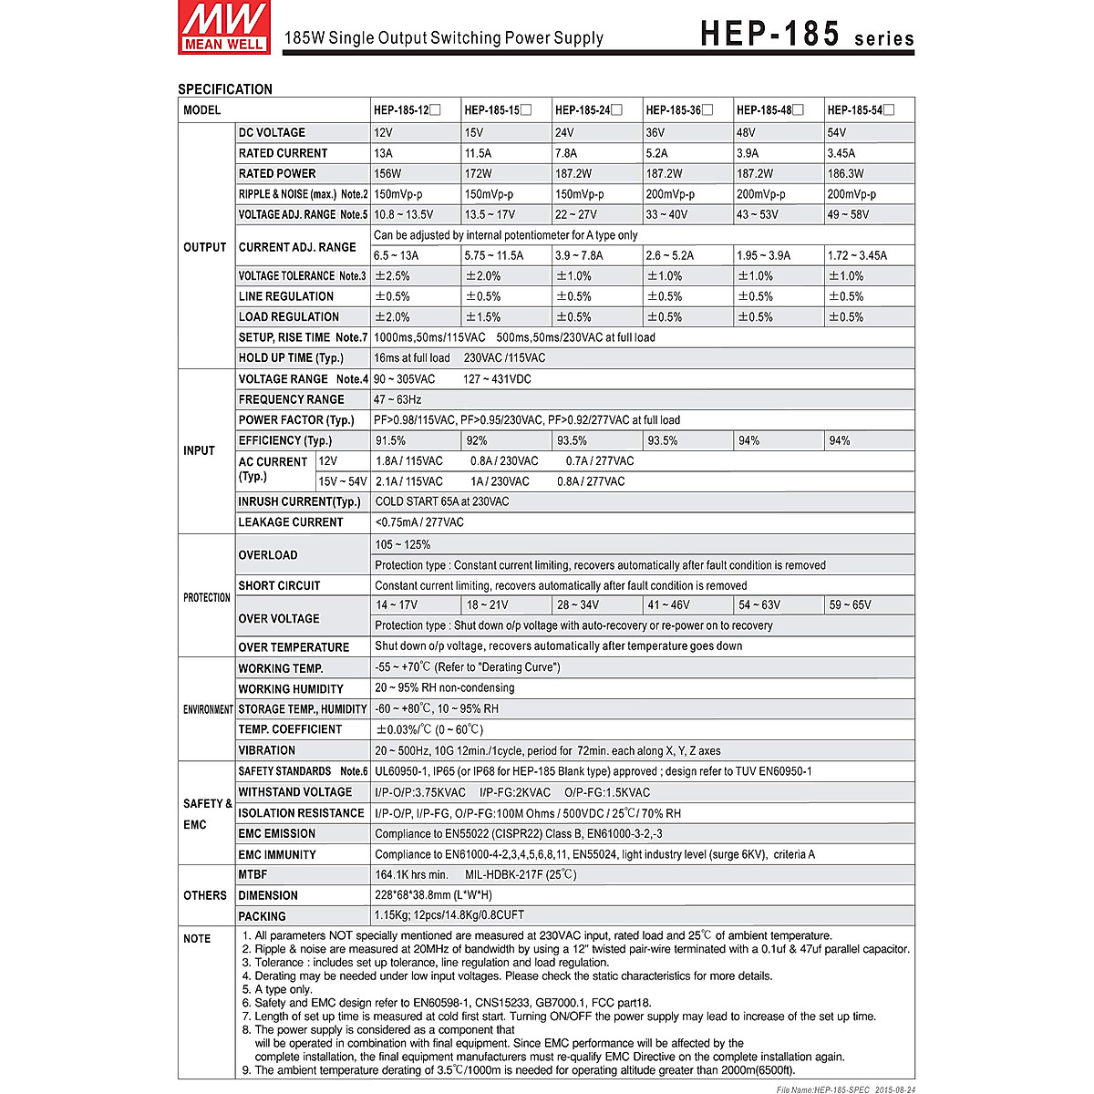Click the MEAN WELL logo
223,27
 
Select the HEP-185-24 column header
588,110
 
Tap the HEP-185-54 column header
860,110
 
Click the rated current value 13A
384,153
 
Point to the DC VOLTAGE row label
272,132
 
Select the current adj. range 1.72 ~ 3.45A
857,255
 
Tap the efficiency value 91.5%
391,440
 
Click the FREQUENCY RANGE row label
291,399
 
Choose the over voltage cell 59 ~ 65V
850,604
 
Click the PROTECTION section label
207,598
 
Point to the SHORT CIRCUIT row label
279,585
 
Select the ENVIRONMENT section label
208,709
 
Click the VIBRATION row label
266,750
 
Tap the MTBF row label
253,874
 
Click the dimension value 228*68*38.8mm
433,895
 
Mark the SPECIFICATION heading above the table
225,89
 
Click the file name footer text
845,1089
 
